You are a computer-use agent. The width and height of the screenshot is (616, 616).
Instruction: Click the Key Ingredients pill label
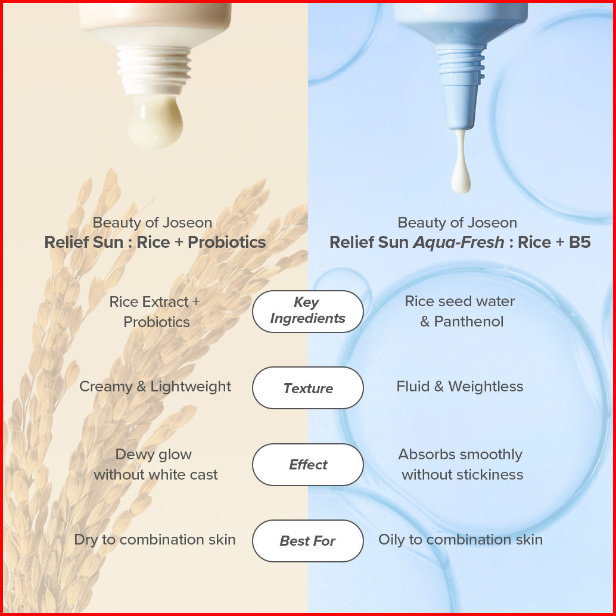coord(307,311)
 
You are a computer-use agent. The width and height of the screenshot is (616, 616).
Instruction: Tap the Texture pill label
coord(308,388)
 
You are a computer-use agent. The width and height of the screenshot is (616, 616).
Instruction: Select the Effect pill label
coord(308,465)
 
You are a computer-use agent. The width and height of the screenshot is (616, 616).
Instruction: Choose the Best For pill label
coord(307,541)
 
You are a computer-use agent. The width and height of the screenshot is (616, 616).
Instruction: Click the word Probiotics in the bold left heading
coord(226,242)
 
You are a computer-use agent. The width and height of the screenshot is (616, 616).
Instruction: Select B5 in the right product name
coord(580,242)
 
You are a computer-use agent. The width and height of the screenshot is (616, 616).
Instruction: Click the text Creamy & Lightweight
coord(155,386)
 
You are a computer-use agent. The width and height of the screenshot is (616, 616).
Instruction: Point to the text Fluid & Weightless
coord(460,386)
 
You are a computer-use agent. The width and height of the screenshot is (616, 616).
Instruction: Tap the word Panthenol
coord(469,322)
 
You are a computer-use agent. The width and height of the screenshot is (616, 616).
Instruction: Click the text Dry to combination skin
coord(155,540)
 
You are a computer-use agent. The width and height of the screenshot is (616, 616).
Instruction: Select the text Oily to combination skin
coord(461,540)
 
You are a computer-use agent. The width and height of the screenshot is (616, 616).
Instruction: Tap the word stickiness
coord(487,475)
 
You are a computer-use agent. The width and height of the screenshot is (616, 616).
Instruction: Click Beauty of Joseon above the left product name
coord(153,223)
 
